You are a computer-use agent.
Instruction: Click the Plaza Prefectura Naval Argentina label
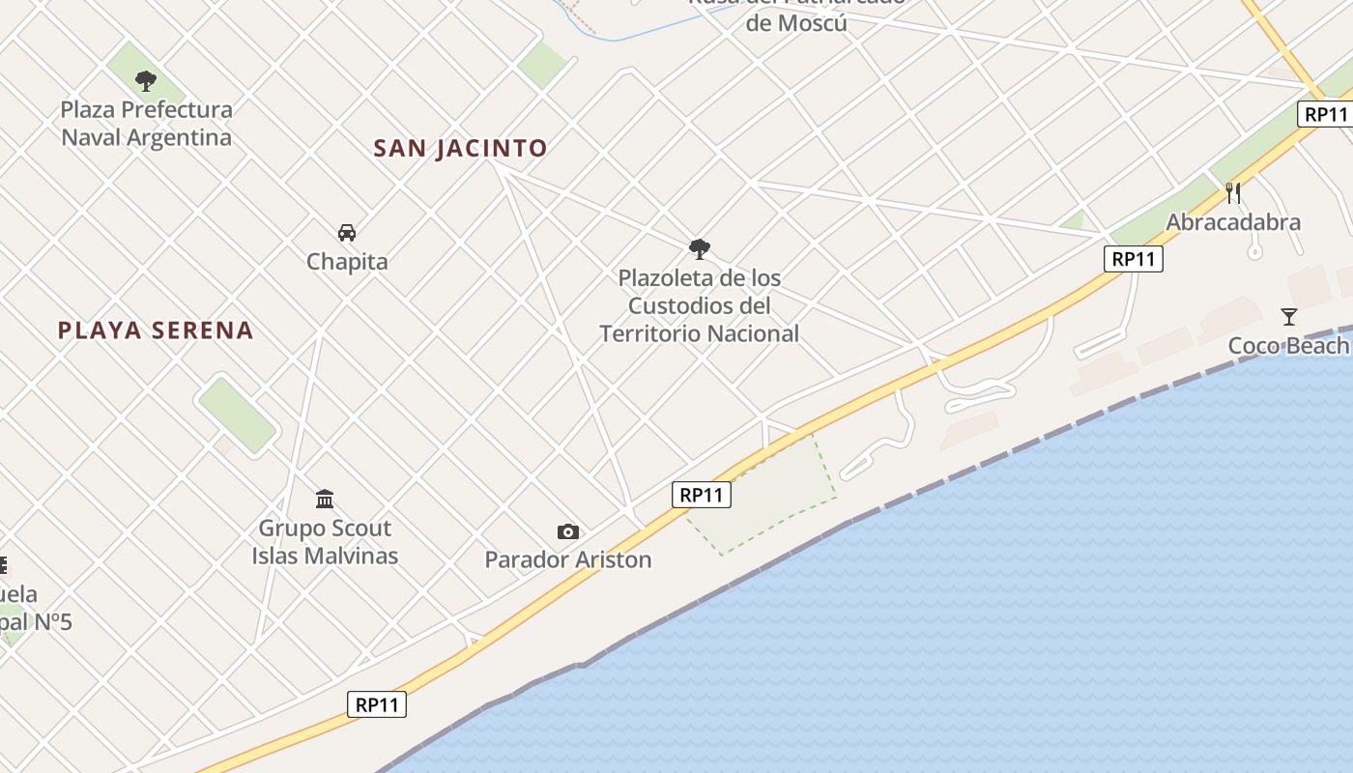point(147,124)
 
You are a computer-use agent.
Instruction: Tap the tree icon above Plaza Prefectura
point(146,80)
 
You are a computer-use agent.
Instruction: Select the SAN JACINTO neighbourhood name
point(460,148)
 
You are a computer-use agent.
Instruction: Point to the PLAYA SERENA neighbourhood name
point(156,330)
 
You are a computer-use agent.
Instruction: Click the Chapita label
point(347,262)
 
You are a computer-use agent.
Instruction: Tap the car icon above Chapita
point(347,233)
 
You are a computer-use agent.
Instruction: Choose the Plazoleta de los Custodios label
point(700,305)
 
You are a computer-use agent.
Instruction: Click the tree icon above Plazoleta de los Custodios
point(700,249)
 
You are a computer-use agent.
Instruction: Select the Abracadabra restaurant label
point(1233,222)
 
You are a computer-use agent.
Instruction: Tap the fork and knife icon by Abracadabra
point(1232,192)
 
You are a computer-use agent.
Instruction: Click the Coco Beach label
point(1288,346)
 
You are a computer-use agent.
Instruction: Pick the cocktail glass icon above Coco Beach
point(1288,316)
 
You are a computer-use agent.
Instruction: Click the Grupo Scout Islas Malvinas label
point(325,542)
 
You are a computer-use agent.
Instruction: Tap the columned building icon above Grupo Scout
point(325,499)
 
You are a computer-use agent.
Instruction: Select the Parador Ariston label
point(568,559)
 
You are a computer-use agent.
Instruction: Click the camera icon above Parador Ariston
point(568,531)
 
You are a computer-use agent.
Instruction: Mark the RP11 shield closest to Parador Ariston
point(702,495)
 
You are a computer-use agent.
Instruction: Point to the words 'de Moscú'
point(796,23)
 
